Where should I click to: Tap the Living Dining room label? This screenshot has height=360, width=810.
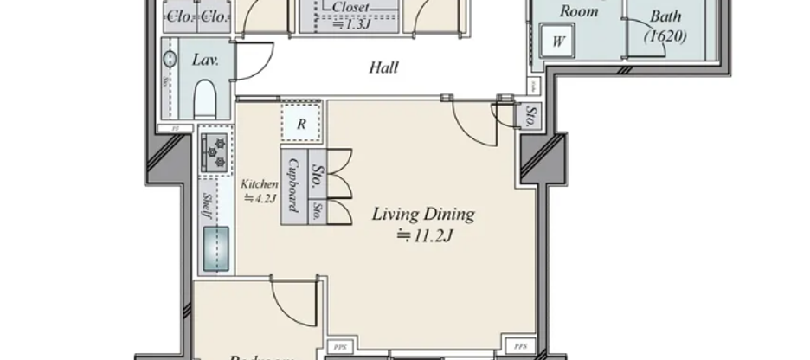point(424,214)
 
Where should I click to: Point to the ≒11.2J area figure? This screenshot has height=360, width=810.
point(424,234)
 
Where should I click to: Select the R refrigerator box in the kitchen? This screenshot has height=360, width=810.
point(301,123)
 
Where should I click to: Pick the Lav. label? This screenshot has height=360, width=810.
point(204,61)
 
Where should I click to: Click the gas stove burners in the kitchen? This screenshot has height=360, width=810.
point(214,152)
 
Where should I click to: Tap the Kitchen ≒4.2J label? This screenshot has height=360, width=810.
point(259,190)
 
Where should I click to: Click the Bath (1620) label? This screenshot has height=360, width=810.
point(665,26)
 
